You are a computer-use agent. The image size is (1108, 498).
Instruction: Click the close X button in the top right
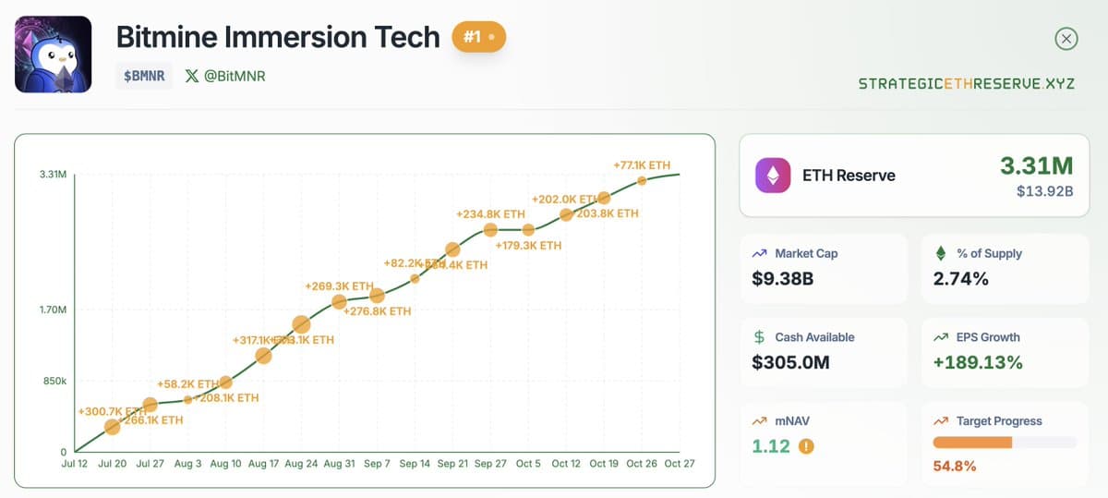click(1066, 39)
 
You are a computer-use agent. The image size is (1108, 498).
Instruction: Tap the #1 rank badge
click(478, 38)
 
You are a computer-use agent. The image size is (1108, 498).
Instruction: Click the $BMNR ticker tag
click(145, 76)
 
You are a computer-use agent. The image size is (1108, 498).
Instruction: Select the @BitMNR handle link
click(225, 76)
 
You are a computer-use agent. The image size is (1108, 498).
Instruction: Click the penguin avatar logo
click(53, 55)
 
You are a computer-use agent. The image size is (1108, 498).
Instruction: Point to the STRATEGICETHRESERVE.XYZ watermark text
click(966, 83)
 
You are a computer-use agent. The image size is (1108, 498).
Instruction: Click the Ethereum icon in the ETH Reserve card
click(773, 175)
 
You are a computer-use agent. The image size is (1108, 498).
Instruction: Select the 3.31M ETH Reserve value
click(1036, 165)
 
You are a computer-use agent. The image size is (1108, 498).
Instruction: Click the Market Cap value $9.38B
click(782, 278)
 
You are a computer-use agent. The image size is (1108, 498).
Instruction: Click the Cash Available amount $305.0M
click(790, 362)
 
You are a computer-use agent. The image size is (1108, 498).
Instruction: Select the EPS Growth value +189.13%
click(978, 362)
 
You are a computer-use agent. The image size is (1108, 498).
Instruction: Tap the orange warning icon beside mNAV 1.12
click(806, 446)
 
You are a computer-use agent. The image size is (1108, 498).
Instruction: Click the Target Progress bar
click(1005, 443)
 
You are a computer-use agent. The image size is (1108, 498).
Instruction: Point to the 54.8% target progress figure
click(954, 466)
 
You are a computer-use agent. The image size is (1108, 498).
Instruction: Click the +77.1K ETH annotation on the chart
click(641, 165)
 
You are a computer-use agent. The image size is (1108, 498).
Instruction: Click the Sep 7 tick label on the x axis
click(377, 464)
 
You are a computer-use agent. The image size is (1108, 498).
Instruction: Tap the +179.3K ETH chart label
click(528, 246)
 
